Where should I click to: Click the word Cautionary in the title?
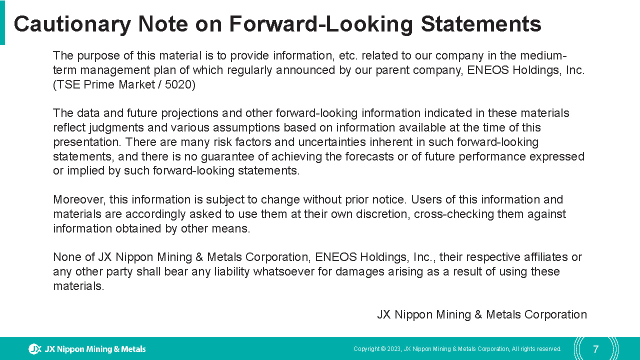72,24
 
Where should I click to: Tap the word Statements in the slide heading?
481,24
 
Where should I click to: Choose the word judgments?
116,127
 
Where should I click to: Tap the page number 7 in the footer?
595,349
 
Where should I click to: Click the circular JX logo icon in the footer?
35,349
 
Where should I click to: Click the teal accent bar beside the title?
2,22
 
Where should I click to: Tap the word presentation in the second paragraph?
87,142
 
